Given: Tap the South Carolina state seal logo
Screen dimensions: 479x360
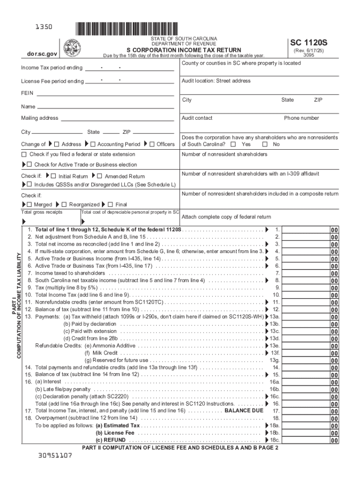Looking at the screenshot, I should [72, 48].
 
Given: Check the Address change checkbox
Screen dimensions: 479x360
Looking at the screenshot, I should [57, 144].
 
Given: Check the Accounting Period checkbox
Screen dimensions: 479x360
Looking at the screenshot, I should [93, 144].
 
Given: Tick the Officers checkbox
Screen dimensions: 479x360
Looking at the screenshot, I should [152, 144].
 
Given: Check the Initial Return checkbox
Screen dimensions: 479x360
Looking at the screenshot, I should [53, 176].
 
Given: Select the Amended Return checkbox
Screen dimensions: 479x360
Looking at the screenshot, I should [100, 176].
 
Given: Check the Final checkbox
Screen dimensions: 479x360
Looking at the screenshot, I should [110, 204].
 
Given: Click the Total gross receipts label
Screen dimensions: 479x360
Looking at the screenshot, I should [42, 212].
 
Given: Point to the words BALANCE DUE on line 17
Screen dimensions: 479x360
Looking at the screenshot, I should [244, 410].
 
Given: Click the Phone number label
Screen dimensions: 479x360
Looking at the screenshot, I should [301, 118].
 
